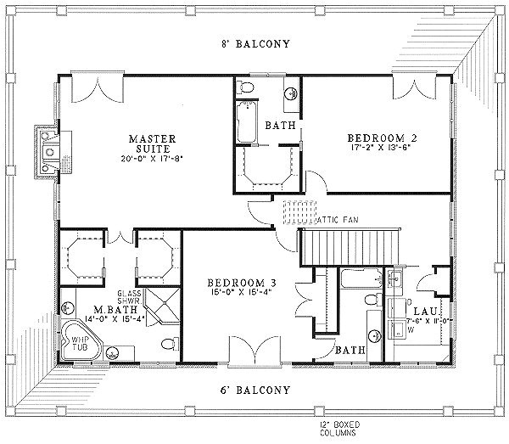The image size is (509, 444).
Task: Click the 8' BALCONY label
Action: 253,43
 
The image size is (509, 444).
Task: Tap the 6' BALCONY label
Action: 253,391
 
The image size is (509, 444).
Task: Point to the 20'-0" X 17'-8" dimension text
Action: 152,159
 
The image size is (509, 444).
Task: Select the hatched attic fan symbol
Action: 298,208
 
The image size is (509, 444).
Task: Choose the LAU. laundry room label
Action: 424,312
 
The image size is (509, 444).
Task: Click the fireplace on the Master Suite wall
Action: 47,151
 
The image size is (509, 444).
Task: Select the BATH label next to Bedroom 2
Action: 279,125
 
